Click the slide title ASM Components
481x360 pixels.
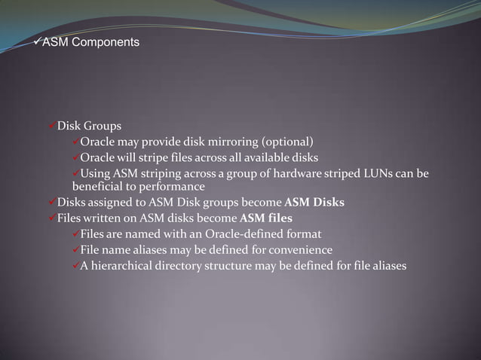point(90,43)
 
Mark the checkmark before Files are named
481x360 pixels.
point(75,234)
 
